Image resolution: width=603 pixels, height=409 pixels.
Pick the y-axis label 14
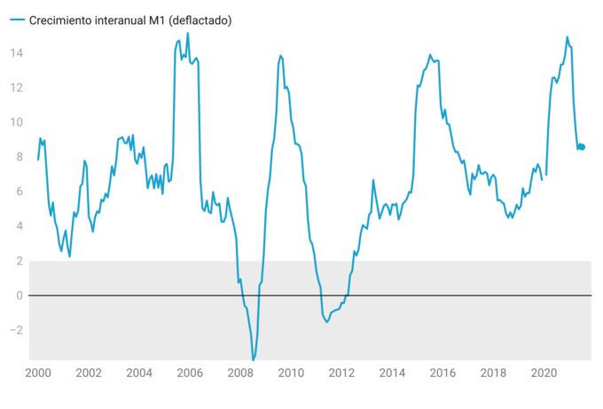click(x=17, y=53)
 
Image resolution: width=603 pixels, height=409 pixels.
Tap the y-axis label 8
click(x=20, y=157)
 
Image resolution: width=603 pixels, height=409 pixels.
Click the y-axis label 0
click(x=20, y=295)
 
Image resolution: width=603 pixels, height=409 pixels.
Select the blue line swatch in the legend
click(x=18, y=20)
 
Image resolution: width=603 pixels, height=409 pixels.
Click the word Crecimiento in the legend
click(x=64, y=20)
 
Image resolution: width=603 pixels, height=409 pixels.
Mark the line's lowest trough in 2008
click(x=254, y=358)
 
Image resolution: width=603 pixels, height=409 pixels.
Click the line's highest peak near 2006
click(x=187, y=34)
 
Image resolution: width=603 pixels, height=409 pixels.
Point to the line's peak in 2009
click(x=280, y=56)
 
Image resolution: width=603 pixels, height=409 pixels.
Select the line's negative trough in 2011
click(x=326, y=321)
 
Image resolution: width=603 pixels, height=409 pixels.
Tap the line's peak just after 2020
click(x=567, y=37)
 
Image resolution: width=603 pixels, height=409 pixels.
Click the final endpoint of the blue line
click(x=583, y=146)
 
